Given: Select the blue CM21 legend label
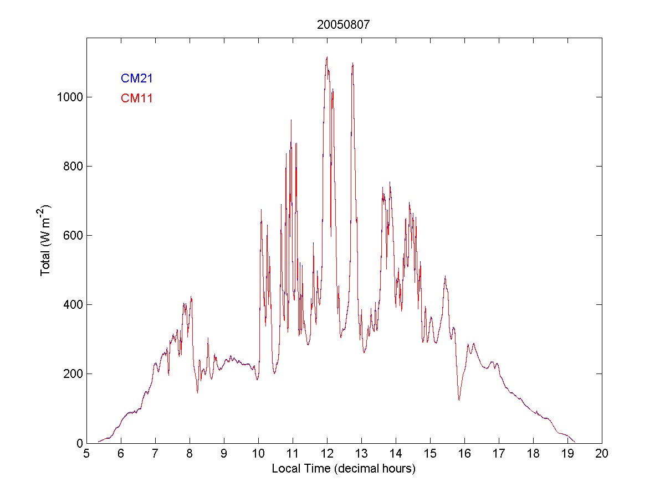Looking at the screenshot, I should click(136, 79).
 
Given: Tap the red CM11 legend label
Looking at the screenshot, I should click(136, 99).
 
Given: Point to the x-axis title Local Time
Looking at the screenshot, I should click(344, 469).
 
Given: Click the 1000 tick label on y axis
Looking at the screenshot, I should click(69, 97).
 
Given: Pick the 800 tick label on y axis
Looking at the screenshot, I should click(73, 167).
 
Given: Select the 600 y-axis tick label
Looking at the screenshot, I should click(73, 236).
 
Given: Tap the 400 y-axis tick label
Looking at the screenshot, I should click(73, 305).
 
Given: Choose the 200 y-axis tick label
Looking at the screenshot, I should click(73, 374).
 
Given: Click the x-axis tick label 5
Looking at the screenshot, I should click(86, 454).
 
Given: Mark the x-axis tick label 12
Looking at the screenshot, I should click(327, 454).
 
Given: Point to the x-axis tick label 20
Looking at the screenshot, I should click(602, 454).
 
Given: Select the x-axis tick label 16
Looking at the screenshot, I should click(464, 454).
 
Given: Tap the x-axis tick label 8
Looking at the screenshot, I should click(190, 454).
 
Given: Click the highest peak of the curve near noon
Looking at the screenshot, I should click(327, 57).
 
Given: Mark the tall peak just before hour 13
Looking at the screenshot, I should click(352, 63).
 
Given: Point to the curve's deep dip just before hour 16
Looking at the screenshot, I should click(459, 400).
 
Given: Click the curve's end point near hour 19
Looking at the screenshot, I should click(575, 442).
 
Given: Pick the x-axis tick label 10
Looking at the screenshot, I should click(258, 454).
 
